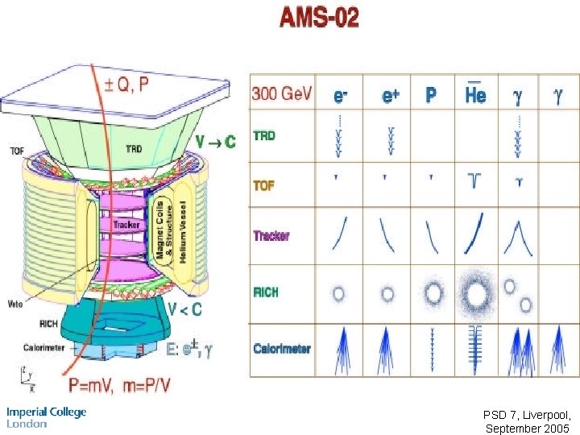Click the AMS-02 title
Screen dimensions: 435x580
point(319,18)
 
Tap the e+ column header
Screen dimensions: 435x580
point(391,95)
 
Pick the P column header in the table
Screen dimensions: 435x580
point(431,95)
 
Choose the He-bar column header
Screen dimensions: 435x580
point(475,93)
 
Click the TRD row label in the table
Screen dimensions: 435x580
point(264,135)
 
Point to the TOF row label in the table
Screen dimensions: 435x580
point(264,185)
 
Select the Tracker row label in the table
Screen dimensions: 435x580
point(271,236)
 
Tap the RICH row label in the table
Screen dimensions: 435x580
point(266,292)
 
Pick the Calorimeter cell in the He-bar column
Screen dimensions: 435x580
point(475,349)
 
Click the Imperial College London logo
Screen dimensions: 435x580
point(46,416)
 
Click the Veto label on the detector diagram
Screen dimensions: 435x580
point(14,304)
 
